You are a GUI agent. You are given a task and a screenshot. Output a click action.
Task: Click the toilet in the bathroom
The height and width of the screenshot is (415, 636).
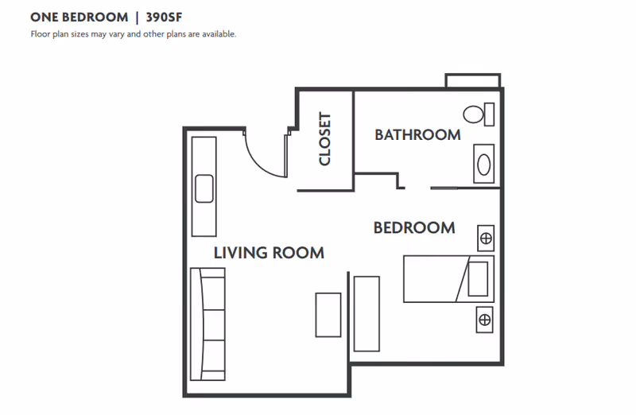point(475,114)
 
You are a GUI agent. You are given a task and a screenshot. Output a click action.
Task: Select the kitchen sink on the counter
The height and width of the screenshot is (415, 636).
point(204,189)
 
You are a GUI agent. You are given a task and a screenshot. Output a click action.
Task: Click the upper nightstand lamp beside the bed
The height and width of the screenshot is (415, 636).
point(486,238)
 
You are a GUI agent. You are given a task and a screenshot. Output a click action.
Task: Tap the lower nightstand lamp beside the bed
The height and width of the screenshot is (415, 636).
point(484,320)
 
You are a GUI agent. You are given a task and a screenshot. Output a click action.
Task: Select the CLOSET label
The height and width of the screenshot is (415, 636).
point(324,139)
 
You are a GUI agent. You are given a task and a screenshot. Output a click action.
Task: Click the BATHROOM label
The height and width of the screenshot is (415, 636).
point(417,135)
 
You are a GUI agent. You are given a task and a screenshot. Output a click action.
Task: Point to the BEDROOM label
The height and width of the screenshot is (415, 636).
point(414,228)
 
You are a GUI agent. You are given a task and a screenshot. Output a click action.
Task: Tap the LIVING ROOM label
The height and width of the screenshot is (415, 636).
point(269,253)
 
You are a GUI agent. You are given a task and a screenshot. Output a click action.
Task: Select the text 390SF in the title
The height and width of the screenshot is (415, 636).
point(169,17)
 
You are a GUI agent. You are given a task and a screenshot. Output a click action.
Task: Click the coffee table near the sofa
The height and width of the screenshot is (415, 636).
point(328,315)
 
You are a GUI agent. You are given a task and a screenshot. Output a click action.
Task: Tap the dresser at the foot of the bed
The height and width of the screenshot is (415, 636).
point(366,313)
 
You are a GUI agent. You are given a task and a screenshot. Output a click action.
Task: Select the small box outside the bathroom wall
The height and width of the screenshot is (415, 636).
point(472,81)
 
